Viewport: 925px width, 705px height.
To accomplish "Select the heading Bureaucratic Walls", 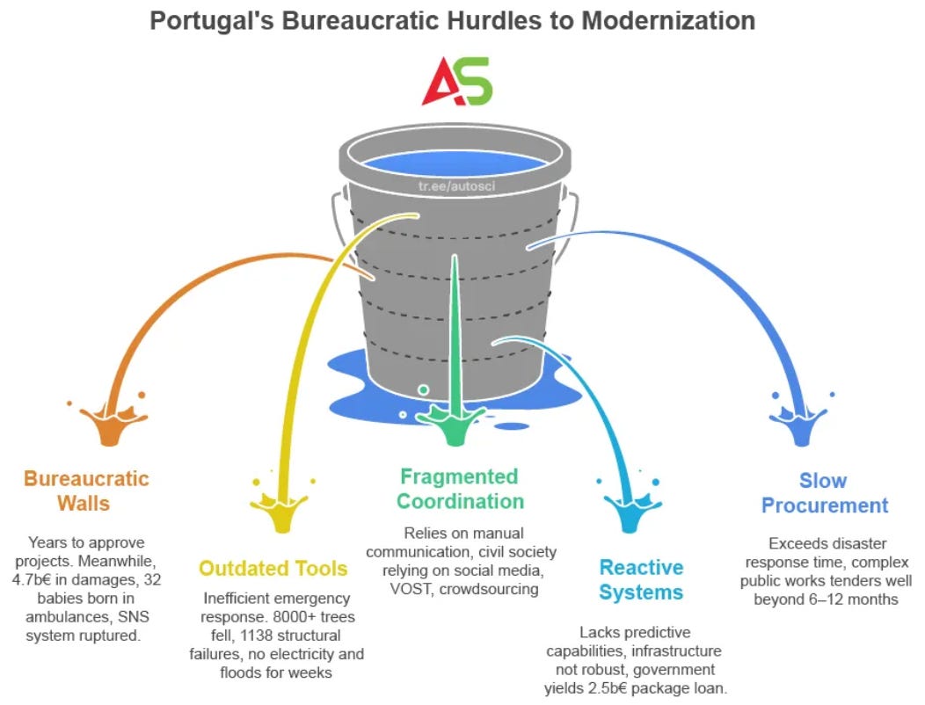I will [x=86, y=491].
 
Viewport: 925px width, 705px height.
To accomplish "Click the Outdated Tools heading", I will [x=273, y=569].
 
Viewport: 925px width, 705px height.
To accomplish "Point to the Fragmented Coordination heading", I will [x=460, y=489].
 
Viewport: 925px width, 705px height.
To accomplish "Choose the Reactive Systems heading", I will [x=641, y=579].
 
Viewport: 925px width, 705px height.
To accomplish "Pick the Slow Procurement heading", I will [x=824, y=493].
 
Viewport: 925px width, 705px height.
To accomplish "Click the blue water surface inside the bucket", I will [x=452, y=163].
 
